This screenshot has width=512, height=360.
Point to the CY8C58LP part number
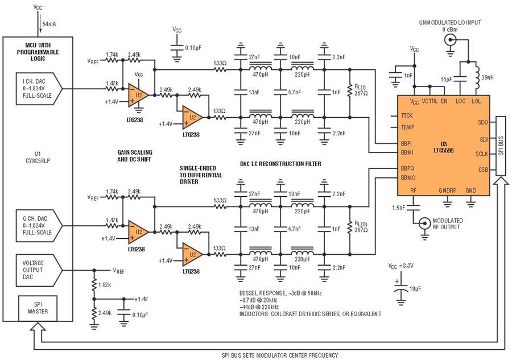[37, 159]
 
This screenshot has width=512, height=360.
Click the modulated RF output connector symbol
[424, 224]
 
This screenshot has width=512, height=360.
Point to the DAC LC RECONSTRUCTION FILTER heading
[280, 164]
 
